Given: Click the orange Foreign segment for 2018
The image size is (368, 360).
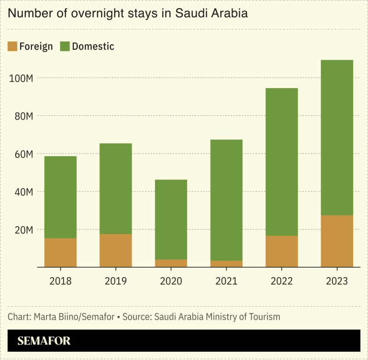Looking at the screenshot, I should click(60, 253).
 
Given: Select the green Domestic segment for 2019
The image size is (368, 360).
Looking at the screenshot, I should click(116, 189).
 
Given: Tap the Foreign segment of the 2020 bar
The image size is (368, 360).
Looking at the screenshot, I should click(171, 263).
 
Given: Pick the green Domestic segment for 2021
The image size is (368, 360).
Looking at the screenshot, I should click(226, 200).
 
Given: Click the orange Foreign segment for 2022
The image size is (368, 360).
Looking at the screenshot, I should click(281, 251).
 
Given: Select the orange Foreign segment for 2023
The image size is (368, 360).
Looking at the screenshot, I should click(337, 241).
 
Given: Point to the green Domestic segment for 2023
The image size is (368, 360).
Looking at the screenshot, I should click(337, 137).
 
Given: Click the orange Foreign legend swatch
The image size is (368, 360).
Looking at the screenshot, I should click(13, 46).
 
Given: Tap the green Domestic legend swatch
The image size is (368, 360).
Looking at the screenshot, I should click(65, 46).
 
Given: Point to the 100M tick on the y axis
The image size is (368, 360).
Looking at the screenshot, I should click(21, 78).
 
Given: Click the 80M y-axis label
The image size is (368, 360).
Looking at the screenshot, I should click(23, 116).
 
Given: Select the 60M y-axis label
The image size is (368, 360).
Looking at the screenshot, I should click(23, 154).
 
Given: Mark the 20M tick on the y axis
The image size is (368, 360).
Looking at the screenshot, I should click(23, 230).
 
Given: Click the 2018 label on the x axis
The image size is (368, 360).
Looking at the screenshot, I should click(60, 281).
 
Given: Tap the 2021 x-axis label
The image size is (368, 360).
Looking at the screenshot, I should click(226, 281).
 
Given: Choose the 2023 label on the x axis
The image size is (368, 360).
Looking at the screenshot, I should click(337, 281).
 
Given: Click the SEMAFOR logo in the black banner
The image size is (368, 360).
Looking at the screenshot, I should click(44, 341).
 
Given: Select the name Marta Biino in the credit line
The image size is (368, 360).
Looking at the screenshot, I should click(58, 317).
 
